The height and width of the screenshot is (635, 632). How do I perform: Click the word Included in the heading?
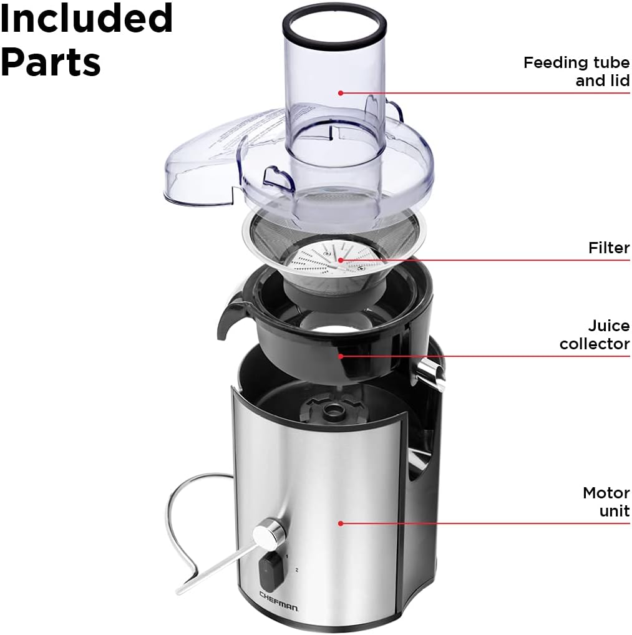tap(86, 19)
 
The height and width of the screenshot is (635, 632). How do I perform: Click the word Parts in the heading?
tap(51, 61)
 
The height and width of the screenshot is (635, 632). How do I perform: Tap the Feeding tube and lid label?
tap(576, 71)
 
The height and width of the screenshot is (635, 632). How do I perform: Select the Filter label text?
tap(608, 248)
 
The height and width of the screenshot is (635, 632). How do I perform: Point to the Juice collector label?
tap(594, 334)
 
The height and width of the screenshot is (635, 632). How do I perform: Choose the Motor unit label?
tap(606, 502)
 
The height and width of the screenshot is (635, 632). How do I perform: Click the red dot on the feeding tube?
tap(341, 93)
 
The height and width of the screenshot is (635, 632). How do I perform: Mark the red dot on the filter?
tap(341, 259)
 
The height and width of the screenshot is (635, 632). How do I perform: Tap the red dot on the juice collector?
tap(341, 356)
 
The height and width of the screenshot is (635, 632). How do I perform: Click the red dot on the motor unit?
tap(341, 523)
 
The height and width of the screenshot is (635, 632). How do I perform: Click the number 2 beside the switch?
tap(298, 570)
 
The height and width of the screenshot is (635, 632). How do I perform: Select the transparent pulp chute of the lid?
tap(200, 162)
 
